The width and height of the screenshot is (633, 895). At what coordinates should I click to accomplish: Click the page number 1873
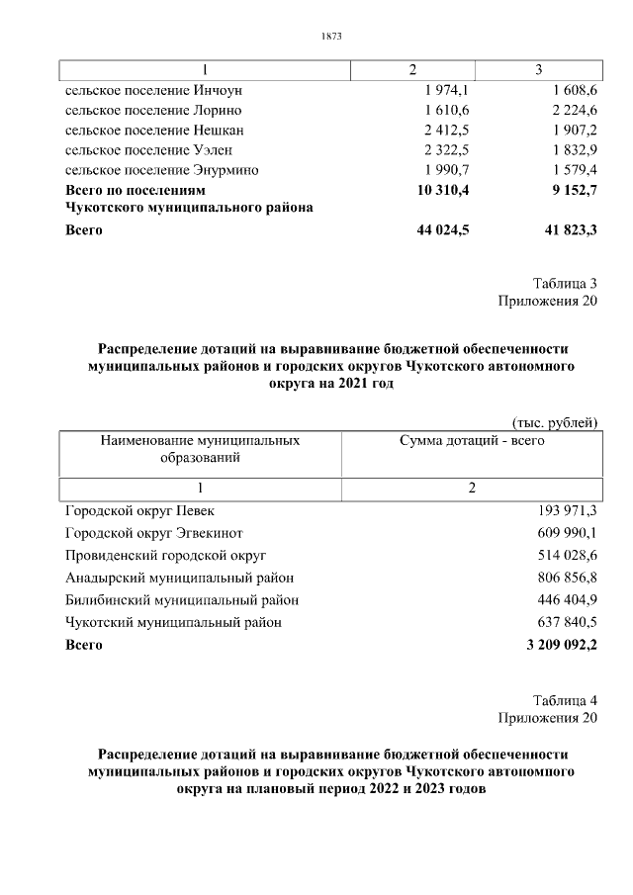pyautogui.click(x=331, y=37)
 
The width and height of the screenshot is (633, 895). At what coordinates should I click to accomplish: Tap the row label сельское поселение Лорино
pyautogui.click(x=153, y=110)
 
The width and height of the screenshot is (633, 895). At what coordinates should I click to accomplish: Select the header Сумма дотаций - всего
pyautogui.click(x=471, y=440)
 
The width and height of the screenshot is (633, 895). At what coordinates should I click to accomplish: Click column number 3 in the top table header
pyautogui.click(x=538, y=69)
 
